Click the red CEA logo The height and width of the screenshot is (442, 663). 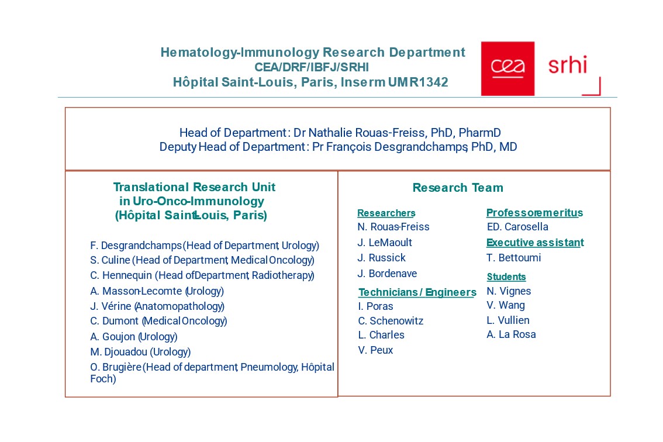pyautogui.click(x=507, y=68)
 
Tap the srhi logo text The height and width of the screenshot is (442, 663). pyautogui.click(x=567, y=65)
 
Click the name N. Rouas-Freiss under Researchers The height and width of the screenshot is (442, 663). pyautogui.click(x=393, y=227)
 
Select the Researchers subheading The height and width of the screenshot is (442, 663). pyautogui.click(x=386, y=213)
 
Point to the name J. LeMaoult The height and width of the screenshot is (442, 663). pyautogui.click(x=385, y=243)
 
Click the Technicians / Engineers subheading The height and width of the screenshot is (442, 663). pyautogui.click(x=417, y=292)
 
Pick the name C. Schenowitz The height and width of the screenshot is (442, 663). pyautogui.click(x=391, y=321)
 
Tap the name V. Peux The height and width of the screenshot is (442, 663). pyautogui.click(x=375, y=350)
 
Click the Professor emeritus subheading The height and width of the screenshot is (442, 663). pyautogui.click(x=534, y=213)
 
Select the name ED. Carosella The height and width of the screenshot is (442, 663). pyautogui.click(x=517, y=227)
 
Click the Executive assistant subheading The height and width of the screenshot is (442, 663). pyautogui.click(x=535, y=243)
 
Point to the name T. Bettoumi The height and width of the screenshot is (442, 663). pyautogui.click(x=514, y=258)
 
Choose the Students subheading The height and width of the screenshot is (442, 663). pyautogui.click(x=506, y=277)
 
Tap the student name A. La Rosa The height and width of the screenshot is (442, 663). pyautogui.click(x=511, y=334)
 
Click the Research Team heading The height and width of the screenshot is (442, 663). pyautogui.click(x=458, y=188)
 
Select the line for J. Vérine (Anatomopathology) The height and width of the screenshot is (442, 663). pyautogui.click(x=157, y=306)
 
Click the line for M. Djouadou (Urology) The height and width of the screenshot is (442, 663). pyautogui.click(x=140, y=352)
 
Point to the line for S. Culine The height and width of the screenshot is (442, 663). pyautogui.click(x=202, y=261)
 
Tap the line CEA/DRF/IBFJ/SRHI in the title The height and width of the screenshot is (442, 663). pyautogui.click(x=312, y=67)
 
